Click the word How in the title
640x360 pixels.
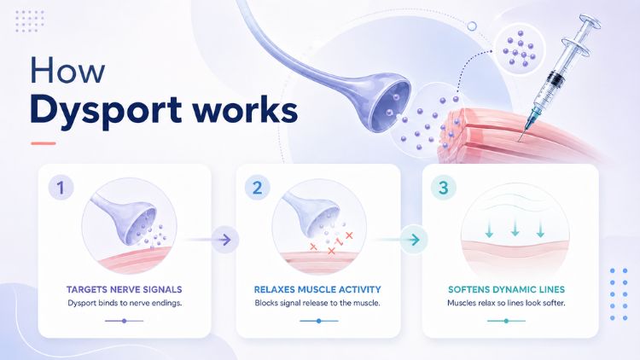pos(67,70)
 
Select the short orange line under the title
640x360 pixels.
pos(44,143)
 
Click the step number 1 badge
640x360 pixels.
pos(61,188)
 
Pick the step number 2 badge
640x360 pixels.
pos(257,188)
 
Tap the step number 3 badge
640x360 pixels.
pos(443,188)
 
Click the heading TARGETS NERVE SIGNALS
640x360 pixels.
pos(124,289)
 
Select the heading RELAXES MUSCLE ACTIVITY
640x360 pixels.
pos(317,289)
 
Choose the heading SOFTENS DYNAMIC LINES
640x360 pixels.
pos(506,289)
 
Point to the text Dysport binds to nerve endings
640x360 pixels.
pos(125,303)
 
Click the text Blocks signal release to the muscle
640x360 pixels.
pos(317,303)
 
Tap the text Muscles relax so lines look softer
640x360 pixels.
pos(506,303)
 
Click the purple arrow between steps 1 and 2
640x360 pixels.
pos(225,240)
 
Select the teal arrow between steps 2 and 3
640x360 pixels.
pos(414,240)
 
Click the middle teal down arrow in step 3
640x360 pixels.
pos(515,228)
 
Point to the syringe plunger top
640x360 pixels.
pos(590,22)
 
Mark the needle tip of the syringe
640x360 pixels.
pos(519,142)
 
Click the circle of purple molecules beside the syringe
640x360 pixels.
pos(519,49)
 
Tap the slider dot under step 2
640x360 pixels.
pos(319,321)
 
